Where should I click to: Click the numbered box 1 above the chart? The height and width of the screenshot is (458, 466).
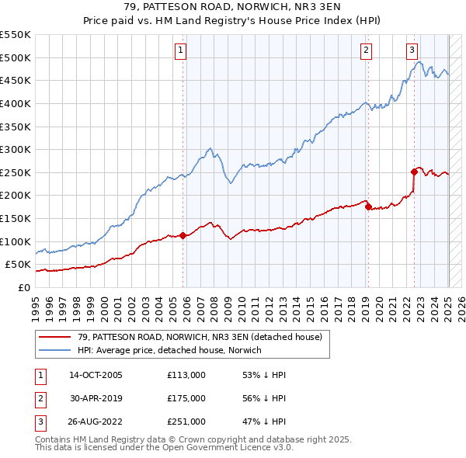[180, 51]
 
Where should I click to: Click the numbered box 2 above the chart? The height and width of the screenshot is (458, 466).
[365, 51]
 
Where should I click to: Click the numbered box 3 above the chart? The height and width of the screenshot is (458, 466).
[411, 51]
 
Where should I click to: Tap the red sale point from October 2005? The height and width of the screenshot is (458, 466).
[183, 235]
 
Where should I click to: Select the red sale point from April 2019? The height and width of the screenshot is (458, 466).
[368, 206]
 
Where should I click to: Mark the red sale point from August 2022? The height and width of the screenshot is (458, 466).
[414, 172]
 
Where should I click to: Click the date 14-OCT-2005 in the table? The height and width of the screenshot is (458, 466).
[96, 375]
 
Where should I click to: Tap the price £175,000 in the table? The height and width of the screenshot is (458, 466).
[186, 397]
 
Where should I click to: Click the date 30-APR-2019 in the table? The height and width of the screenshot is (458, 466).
[96, 397]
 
